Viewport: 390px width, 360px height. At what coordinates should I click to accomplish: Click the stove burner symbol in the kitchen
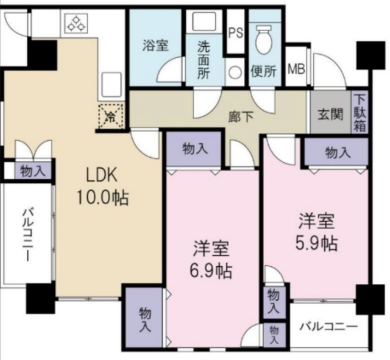77,23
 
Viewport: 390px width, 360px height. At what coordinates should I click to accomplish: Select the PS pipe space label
236,33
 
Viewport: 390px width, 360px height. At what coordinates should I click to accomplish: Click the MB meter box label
297,69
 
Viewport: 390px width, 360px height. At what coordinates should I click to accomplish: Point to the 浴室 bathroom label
156,46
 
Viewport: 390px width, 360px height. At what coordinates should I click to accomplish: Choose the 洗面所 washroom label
204,60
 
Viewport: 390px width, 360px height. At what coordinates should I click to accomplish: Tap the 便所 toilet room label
264,71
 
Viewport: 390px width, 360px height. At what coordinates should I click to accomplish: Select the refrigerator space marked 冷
111,116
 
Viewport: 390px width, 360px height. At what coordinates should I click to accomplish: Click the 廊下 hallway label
241,117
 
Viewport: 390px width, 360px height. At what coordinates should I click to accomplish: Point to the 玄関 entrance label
331,115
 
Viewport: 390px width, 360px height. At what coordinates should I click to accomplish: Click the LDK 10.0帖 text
102,185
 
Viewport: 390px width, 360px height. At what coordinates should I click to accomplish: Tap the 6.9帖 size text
211,271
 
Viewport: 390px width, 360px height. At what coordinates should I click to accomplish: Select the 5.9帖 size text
316,243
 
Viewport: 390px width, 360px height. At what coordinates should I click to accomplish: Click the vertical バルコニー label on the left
27,235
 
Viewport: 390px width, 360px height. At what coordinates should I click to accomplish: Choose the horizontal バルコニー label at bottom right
328,326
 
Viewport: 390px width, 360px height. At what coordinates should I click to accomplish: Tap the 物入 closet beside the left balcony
33,171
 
